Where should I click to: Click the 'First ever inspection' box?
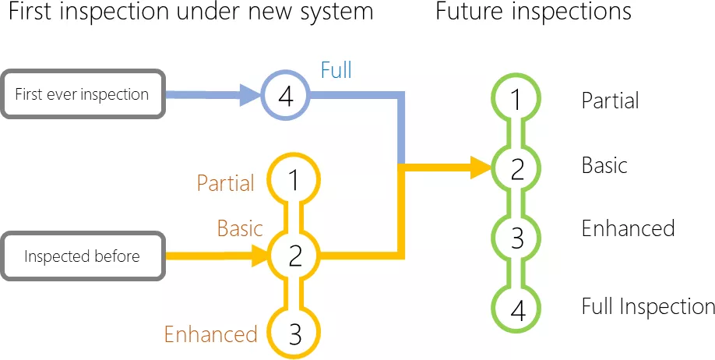(82, 95)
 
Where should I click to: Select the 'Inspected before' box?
(82, 256)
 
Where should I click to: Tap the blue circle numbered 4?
(285, 97)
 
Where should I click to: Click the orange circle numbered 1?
(294, 181)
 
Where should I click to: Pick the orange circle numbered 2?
(294, 255)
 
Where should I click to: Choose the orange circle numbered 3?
(294, 334)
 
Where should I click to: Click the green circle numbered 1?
(517, 100)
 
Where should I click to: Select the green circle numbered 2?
(517, 168)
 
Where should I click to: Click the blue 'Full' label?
(336, 70)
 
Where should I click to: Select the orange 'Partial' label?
(225, 183)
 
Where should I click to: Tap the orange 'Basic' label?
(239, 228)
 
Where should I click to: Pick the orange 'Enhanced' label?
(210, 334)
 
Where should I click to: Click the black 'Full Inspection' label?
(648, 307)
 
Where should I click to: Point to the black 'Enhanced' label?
(628, 228)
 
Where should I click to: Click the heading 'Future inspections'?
(534, 13)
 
